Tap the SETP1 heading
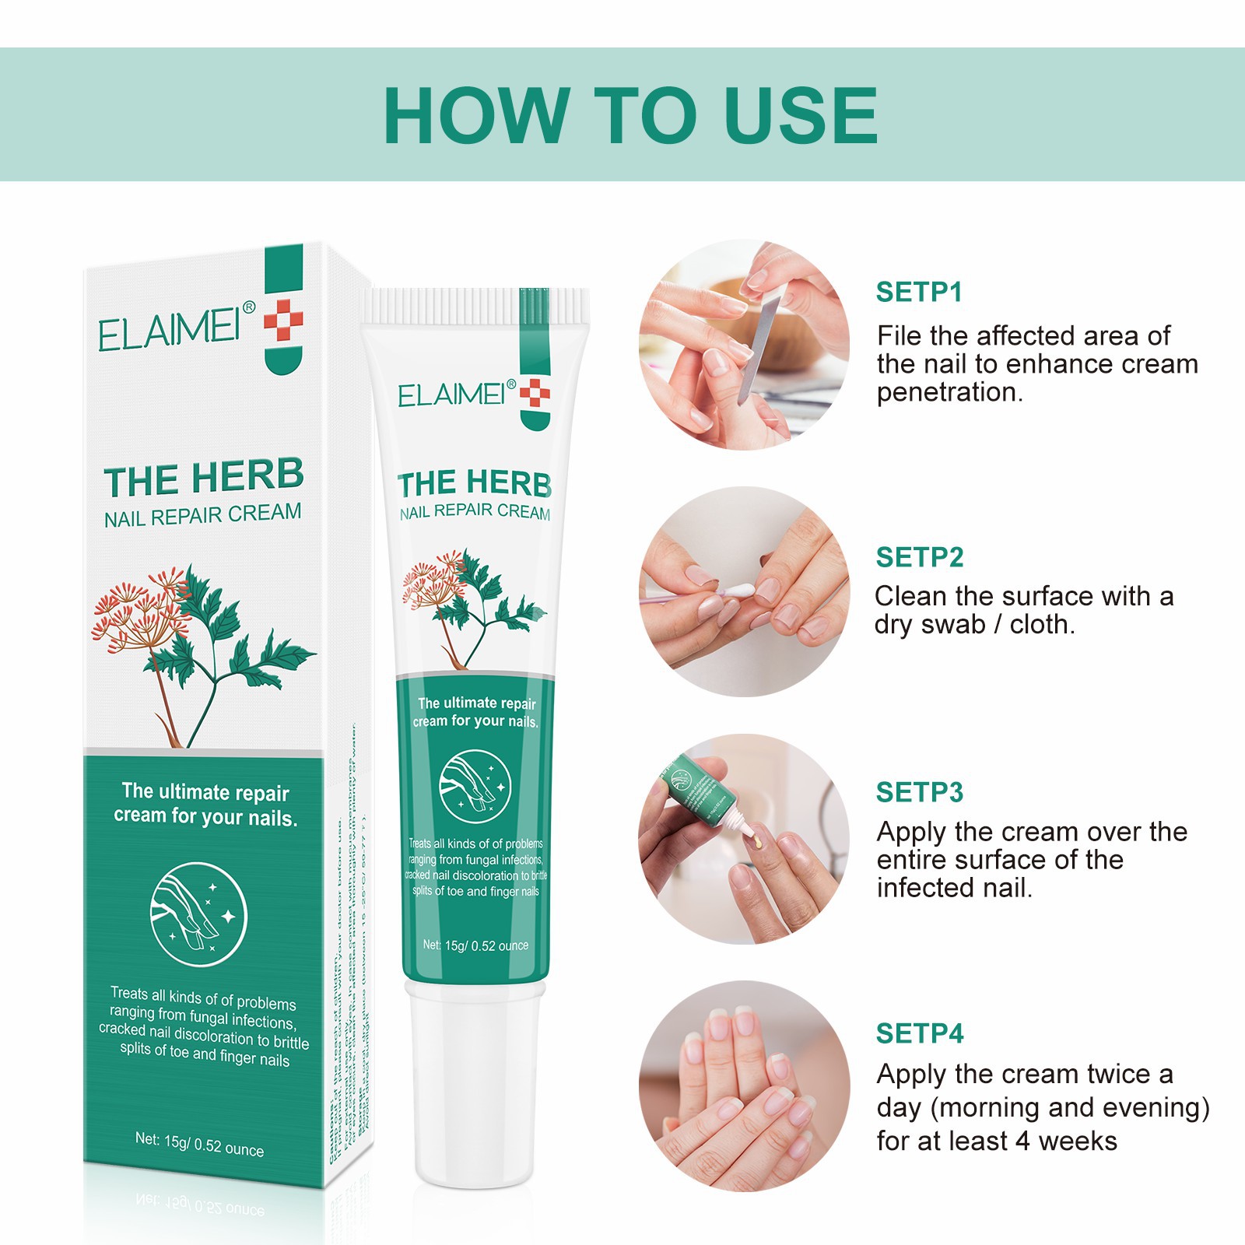click(919, 292)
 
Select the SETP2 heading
click(919, 557)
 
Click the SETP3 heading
click(919, 792)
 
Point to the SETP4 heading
click(919, 1033)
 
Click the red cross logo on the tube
click(535, 393)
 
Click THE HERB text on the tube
click(475, 483)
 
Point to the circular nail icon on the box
click(198, 914)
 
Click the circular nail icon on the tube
click(475, 786)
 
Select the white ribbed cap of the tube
click(475, 306)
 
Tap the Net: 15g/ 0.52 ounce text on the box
click(199, 1144)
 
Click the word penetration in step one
click(949, 392)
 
